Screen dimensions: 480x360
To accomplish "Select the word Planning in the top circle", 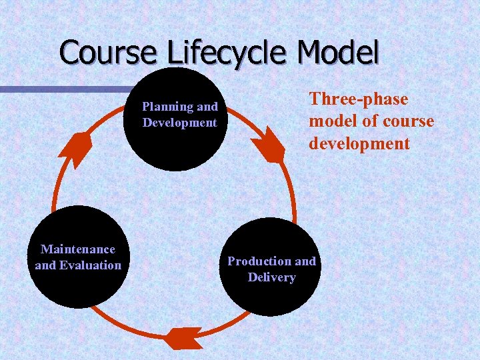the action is tap(167, 107).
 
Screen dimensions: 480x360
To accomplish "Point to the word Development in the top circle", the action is tap(180, 123).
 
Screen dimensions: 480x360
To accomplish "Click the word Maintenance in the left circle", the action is tap(78, 249).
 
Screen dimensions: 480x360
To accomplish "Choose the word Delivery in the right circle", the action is tap(272, 277).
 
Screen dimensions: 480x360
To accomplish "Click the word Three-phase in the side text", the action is tap(359, 99).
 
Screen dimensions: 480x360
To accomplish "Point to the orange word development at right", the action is tap(359, 144).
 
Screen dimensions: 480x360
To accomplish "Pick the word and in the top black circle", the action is tap(207, 107).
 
